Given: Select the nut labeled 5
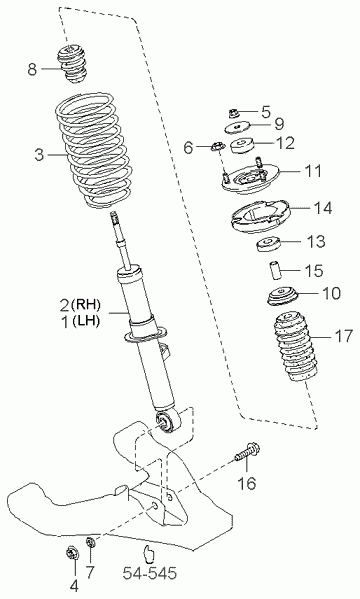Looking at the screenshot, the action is pos(234,113).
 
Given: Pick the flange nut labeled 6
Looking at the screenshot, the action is pos(218,146).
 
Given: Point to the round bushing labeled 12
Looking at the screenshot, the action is pos(242,145).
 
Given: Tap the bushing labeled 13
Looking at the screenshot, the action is pos(268,244).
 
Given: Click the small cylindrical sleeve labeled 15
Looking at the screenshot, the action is pos(273,270).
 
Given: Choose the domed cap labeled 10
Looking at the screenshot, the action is pos(283,296).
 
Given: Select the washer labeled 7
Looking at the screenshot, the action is pos(91,543).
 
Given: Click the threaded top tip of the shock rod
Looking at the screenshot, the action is pos(114,217).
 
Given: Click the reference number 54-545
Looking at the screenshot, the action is pos(150,573).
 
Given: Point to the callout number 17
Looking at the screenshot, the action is pos(343,336).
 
